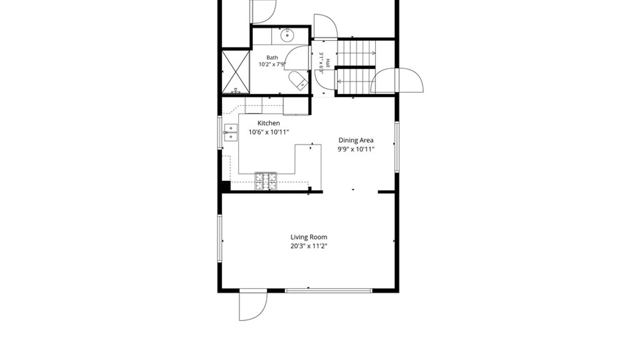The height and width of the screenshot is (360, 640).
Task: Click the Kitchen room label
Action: pos(268,123)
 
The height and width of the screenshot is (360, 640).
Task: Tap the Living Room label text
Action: pos(309,237)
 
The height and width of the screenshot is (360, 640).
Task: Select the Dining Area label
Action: pos(356,140)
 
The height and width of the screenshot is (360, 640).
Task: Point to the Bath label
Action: pos(272,58)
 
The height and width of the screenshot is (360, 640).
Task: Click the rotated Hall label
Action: pos(328,63)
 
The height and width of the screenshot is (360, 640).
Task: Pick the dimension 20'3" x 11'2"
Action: pos(309,246)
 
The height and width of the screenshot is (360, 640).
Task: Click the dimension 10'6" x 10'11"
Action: pos(269,132)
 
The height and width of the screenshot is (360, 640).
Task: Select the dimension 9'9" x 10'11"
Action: pos(356,149)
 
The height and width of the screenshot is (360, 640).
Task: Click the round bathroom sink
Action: pos(287,35)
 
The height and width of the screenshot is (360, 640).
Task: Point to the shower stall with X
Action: pos(236,72)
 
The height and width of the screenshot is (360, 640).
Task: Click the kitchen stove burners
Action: pos(266,181)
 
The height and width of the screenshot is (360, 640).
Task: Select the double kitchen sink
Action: pos(230,132)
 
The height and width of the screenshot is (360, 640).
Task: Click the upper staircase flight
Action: pos(356,53)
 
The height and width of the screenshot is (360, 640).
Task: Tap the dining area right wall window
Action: pos(397,147)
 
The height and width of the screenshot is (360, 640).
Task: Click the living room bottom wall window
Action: pos(329,291)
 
